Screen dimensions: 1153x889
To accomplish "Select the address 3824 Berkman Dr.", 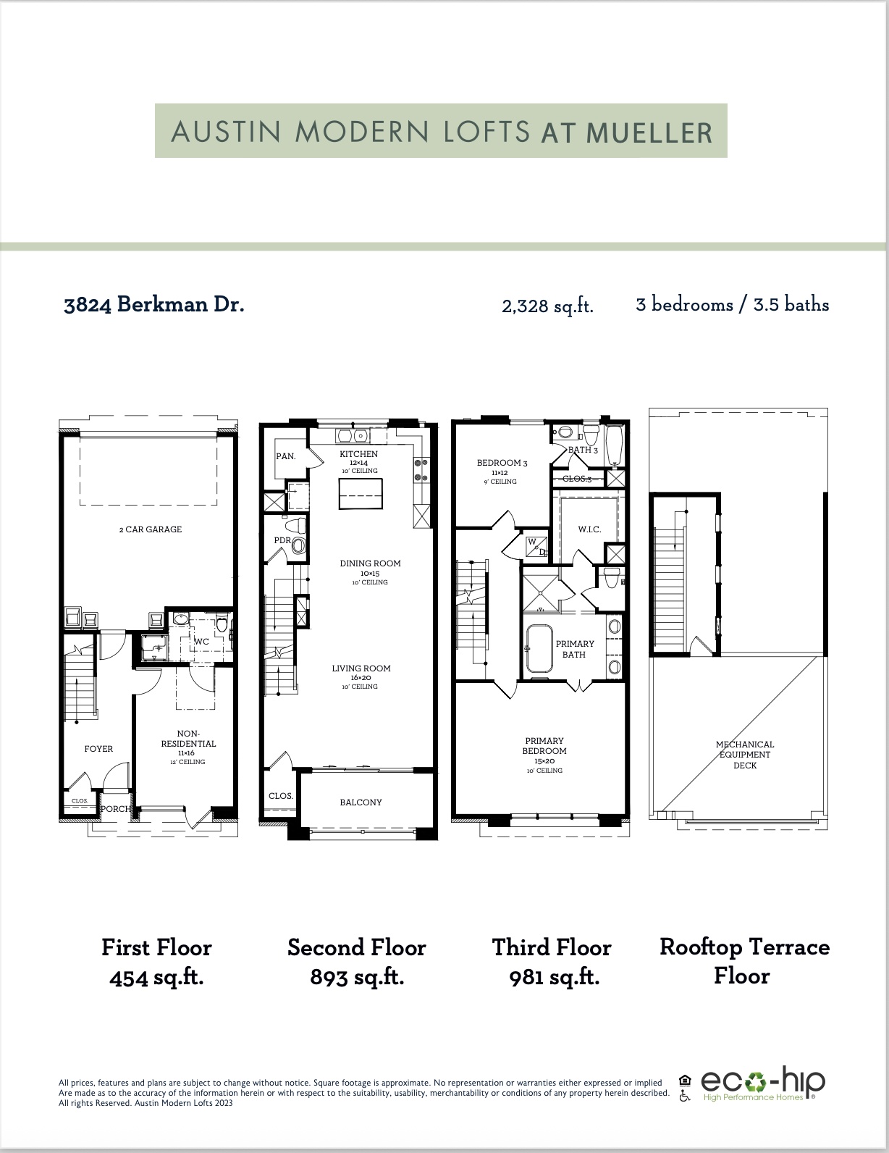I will (153, 304).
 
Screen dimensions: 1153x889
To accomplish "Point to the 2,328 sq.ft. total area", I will (547, 306).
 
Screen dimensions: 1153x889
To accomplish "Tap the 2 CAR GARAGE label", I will (151, 529).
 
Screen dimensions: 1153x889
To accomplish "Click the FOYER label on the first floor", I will (98, 749).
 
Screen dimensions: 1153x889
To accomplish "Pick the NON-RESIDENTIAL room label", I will (188, 738).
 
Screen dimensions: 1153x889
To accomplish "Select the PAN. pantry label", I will (285, 457).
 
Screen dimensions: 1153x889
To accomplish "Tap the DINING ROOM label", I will (370, 563).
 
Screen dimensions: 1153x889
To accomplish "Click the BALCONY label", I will (361, 802).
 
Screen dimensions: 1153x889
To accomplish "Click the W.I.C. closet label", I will (589, 529).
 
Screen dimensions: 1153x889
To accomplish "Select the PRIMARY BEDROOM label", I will (544, 746).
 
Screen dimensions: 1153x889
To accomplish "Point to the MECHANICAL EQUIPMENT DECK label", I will (744, 755).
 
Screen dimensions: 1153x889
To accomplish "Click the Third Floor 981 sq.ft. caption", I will (552, 962).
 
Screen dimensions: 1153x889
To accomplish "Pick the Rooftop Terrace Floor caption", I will (743, 961).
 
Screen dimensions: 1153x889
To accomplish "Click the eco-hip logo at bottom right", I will (762, 1084).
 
